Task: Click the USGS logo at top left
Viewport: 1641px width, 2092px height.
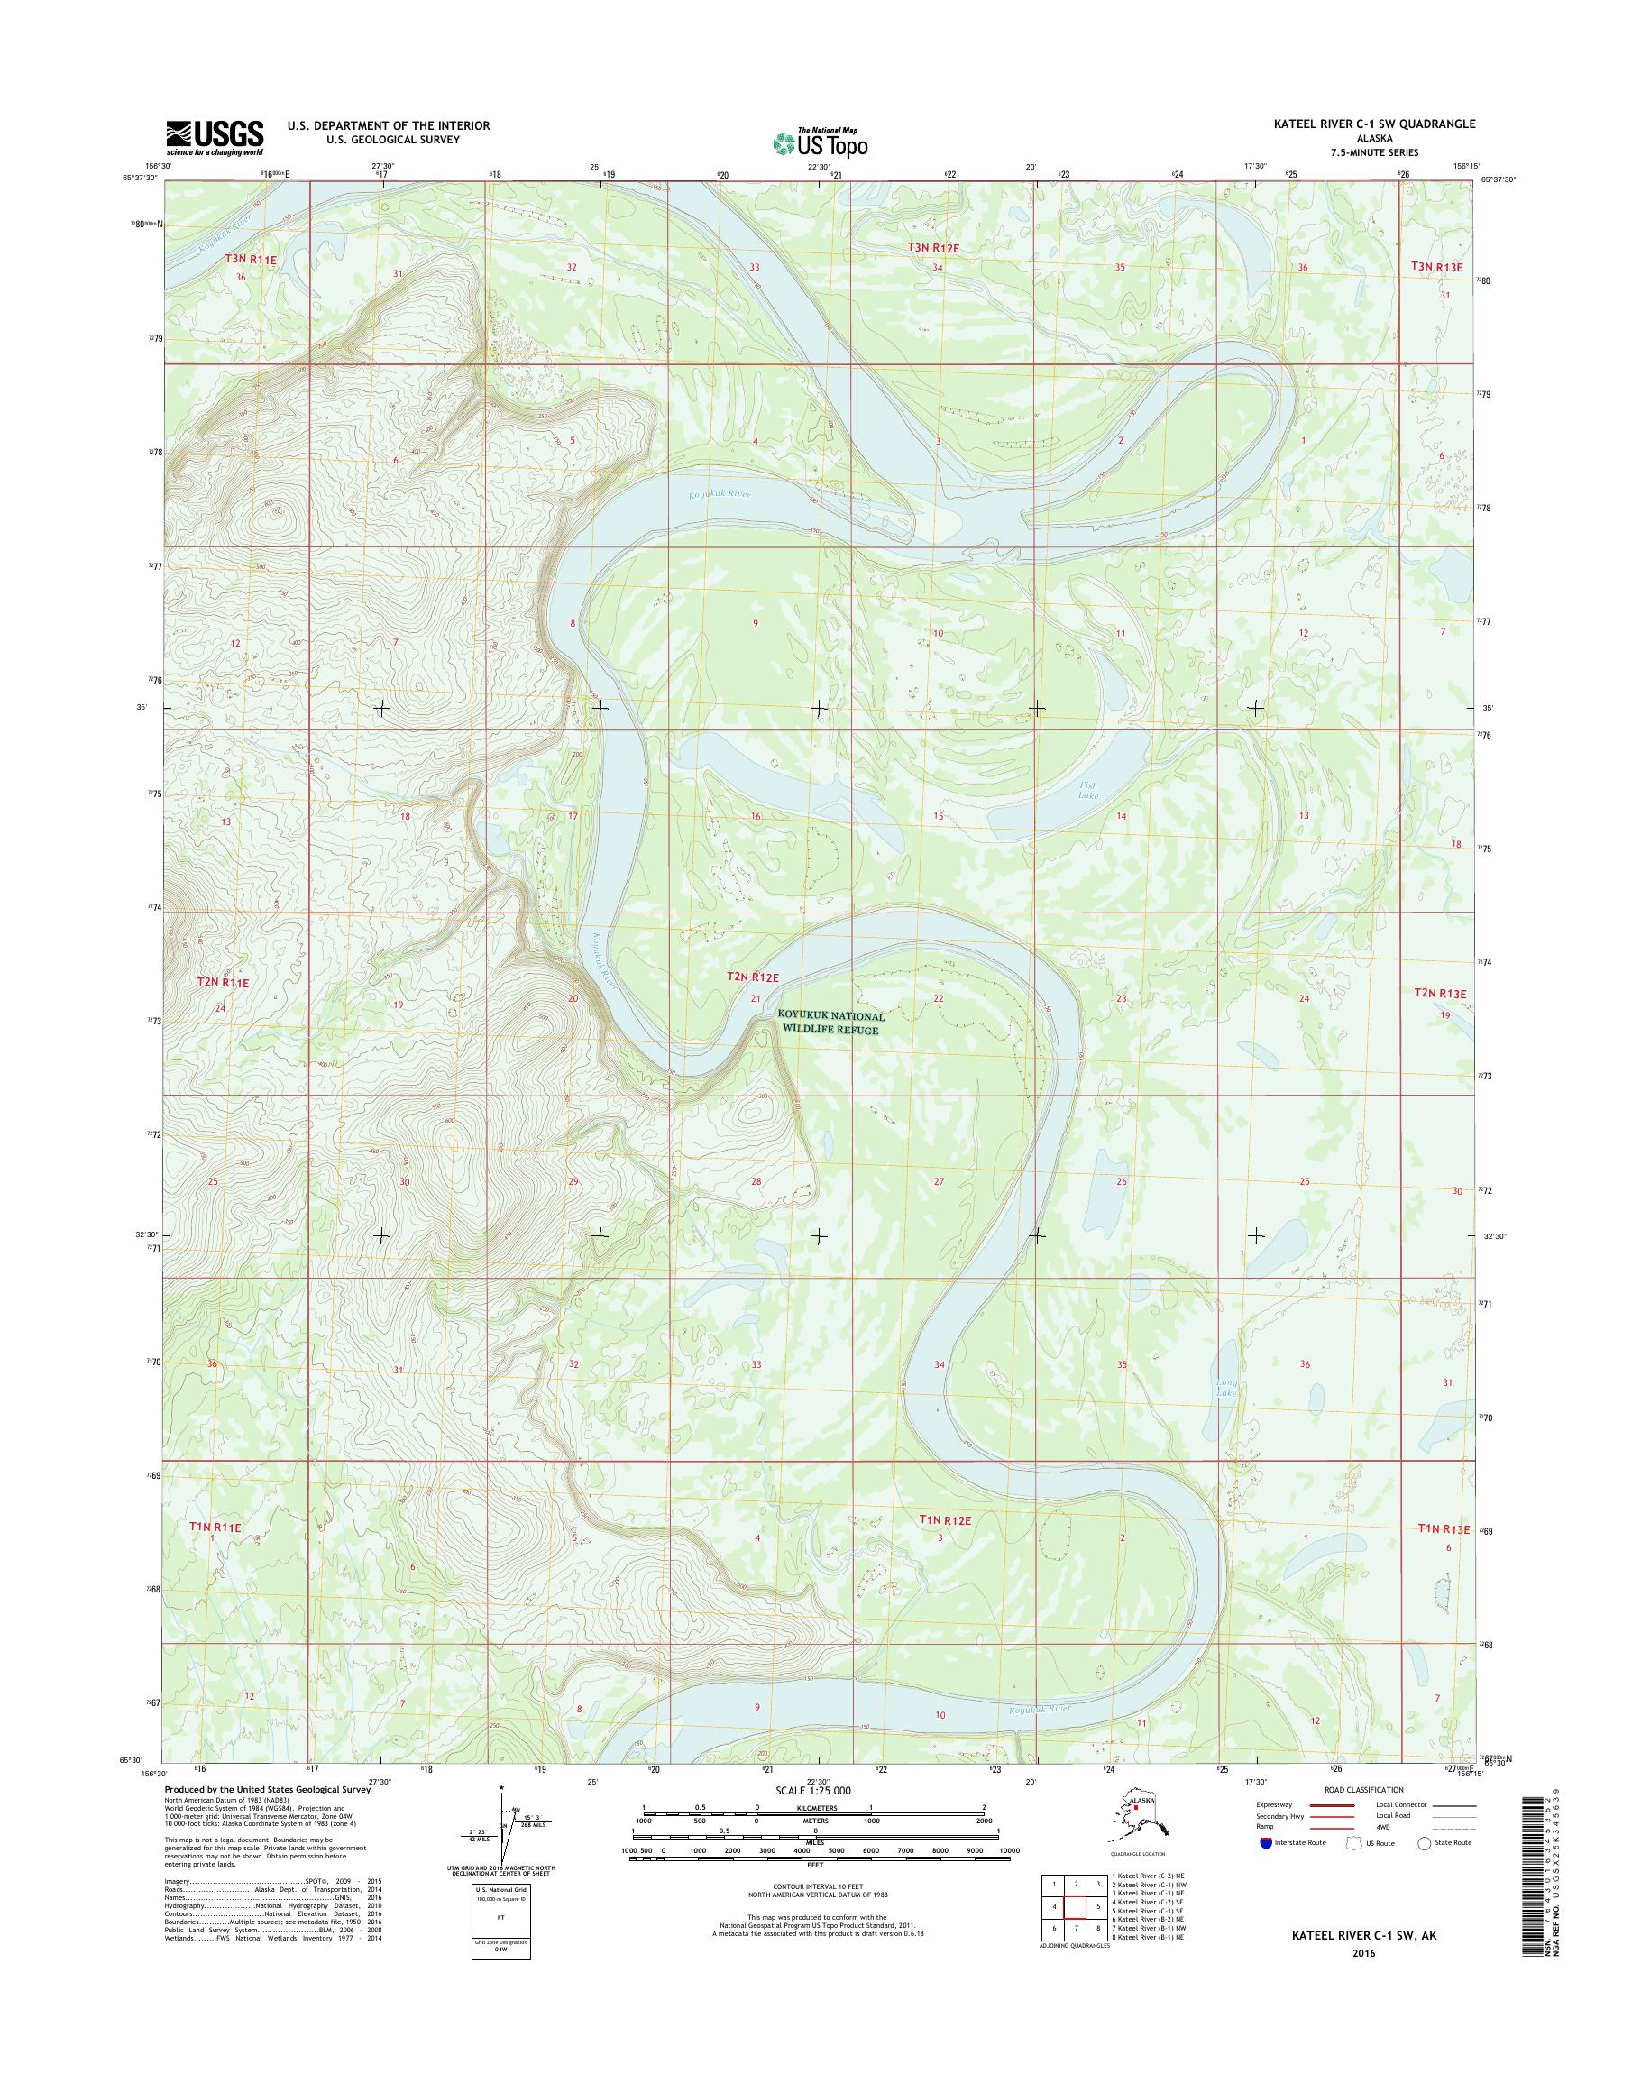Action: pos(215,137)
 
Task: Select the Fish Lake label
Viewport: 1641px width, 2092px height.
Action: pos(1086,791)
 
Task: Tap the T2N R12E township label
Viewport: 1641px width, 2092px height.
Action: pos(752,977)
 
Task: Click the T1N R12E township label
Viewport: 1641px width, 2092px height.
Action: pos(946,1520)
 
